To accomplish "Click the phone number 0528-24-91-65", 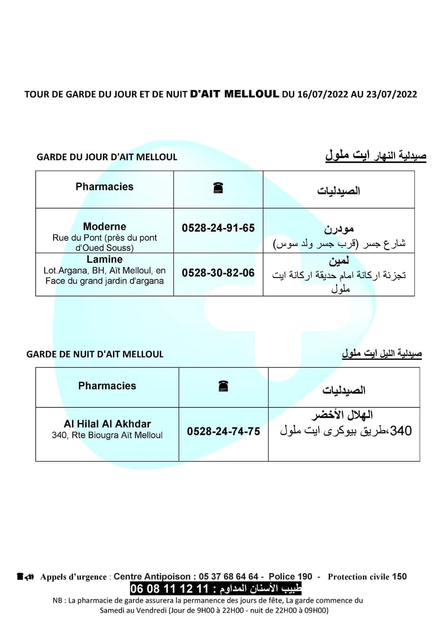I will pos(218,228).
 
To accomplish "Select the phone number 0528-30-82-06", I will pos(218,273).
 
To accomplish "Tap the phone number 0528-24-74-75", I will pos(223,431).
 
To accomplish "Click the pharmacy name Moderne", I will pos(104,227).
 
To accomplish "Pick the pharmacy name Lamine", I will pos(104,259).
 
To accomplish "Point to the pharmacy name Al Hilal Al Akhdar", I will pos(107,424).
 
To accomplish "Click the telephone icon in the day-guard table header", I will pos(218,188).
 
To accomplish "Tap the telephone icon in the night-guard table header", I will pos(223,386).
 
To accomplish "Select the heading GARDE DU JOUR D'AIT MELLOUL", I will pos(107,157).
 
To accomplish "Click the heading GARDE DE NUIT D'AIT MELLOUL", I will pos(95,354).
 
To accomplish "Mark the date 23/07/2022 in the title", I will pos(392,94).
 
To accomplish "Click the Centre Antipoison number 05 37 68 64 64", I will pos(228,577).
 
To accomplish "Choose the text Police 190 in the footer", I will pos(290,577).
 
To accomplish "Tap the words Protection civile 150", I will pos(367,577).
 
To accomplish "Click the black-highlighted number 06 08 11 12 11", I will pos(169,589).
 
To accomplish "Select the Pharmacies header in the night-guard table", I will pos(107,386).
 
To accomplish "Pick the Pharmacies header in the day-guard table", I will pos(104,187).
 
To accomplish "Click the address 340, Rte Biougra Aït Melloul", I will pos(107,435).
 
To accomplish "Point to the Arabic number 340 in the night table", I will pos(401,431).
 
